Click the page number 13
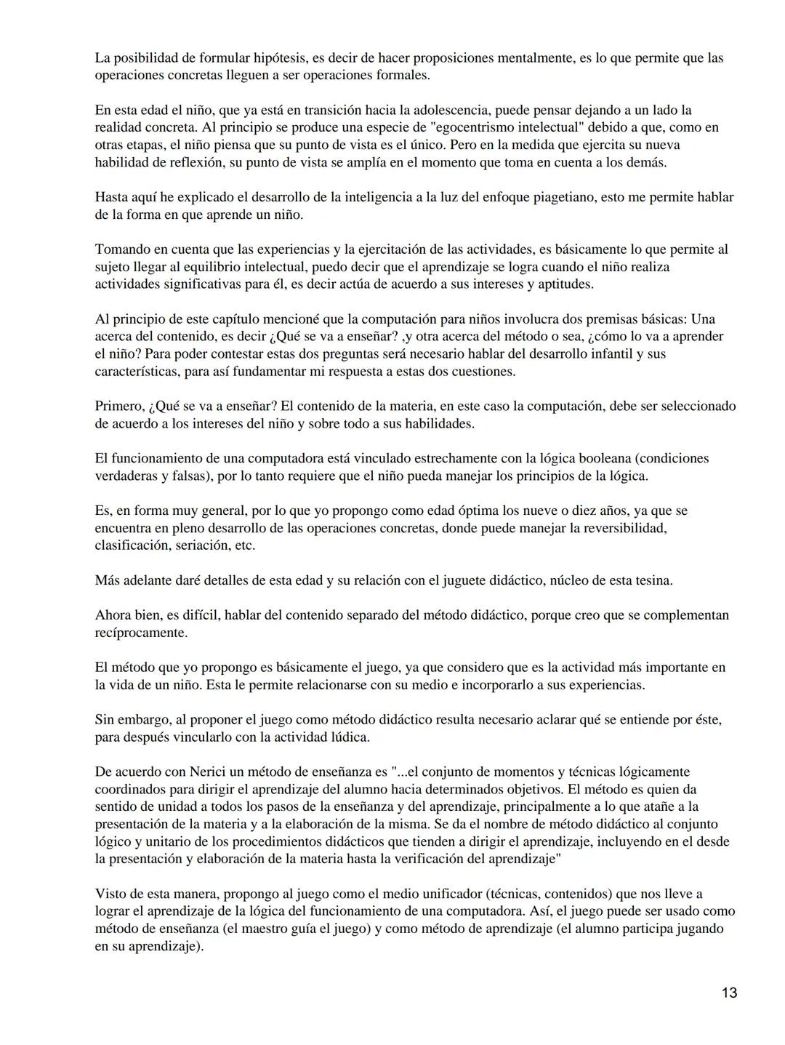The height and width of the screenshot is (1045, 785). click(730, 993)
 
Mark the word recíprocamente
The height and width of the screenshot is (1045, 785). click(141, 633)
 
